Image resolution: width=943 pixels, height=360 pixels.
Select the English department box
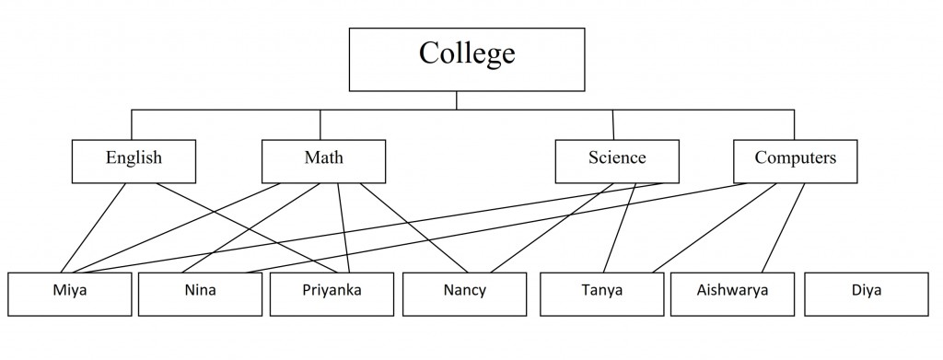point(134,160)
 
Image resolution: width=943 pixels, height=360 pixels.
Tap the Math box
point(323,160)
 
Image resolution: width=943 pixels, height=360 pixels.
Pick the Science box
point(617,160)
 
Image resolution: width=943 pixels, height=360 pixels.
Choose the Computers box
point(795,160)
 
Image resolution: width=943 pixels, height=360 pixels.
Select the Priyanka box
point(331,294)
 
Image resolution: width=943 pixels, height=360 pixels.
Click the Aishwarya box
point(732,294)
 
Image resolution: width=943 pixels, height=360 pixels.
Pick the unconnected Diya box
point(866,294)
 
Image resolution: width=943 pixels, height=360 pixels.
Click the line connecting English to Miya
point(99,226)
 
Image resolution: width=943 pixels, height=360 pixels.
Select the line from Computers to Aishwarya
point(786,226)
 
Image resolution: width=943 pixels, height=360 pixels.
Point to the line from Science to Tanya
point(623,226)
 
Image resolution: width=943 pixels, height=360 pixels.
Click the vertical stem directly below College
point(458,99)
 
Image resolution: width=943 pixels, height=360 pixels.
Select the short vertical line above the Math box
point(320,124)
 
